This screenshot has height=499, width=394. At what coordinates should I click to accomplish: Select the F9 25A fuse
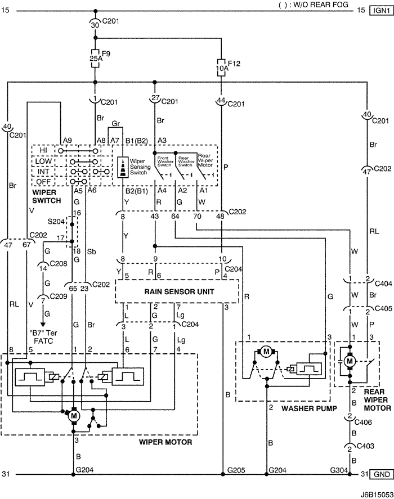click(x=95, y=57)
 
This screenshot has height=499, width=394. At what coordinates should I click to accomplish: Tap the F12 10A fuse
click(x=223, y=69)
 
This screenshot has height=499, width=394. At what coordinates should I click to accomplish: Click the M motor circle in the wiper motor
click(x=73, y=416)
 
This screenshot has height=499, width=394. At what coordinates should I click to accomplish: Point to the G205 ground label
click(x=235, y=469)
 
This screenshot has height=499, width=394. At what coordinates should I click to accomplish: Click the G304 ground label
click(x=338, y=469)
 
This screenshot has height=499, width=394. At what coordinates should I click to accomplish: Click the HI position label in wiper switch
click(x=43, y=151)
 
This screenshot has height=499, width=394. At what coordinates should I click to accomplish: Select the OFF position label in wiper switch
click(x=43, y=181)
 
